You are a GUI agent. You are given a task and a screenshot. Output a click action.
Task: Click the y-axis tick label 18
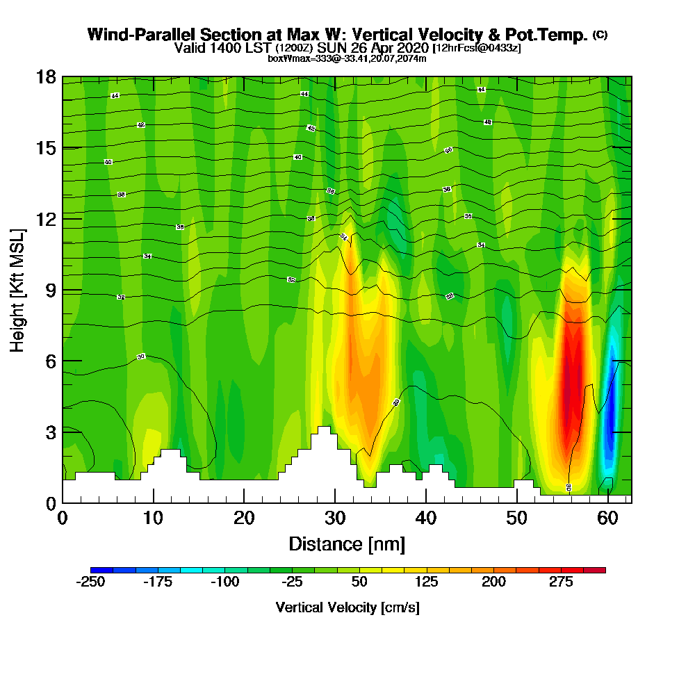pyautogui.click(x=46, y=76)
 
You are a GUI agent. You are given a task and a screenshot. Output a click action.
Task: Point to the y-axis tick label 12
pyautogui.click(x=46, y=218)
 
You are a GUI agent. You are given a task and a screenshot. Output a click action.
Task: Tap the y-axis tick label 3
pyautogui.click(x=50, y=432)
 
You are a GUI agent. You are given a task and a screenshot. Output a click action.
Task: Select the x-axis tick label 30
pyautogui.click(x=335, y=518)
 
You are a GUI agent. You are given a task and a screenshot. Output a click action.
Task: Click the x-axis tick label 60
pyautogui.click(x=607, y=518)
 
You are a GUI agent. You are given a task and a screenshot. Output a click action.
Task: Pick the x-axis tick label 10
pyautogui.click(x=154, y=518)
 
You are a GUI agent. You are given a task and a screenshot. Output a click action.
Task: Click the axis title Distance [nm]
pyautogui.click(x=347, y=543)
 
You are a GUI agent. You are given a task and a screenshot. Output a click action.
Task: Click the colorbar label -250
pyautogui.click(x=90, y=582)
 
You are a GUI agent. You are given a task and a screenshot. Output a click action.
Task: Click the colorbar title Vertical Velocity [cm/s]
pyautogui.click(x=347, y=607)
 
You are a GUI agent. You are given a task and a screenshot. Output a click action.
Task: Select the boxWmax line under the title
pyautogui.click(x=347, y=58)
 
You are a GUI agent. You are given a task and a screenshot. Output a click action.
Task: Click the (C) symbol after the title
pyautogui.click(x=600, y=34)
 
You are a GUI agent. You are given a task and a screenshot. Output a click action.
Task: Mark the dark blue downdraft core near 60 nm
pyautogui.click(x=611, y=417)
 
